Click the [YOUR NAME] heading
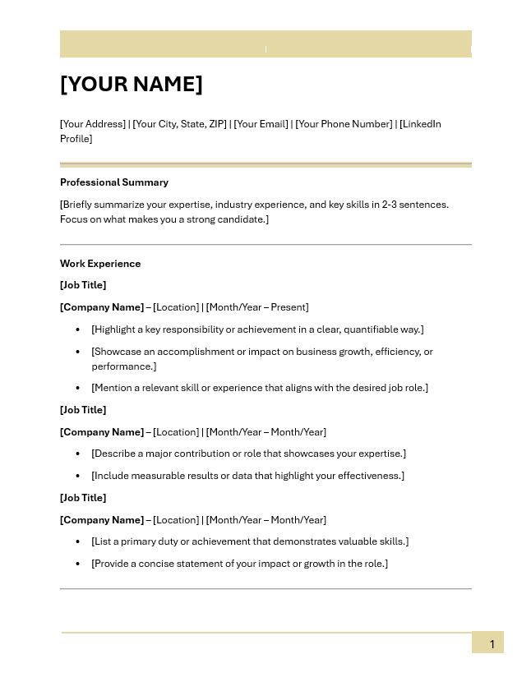(x=131, y=85)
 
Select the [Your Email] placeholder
(x=261, y=124)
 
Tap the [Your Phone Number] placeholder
(x=344, y=124)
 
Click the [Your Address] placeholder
(x=92, y=124)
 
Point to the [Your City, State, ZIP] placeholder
(x=179, y=124)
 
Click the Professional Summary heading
(x=113, y=182)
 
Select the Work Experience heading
(x=100, y=264)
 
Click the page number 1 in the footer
(x=492, y=644)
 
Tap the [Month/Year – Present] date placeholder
(x=257, y=307)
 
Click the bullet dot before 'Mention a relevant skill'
(x=78, y=388)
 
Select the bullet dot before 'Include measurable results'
(x=78, y=476)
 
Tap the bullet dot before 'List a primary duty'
(x=78, y=541)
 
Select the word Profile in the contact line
(x=76, y=139)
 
